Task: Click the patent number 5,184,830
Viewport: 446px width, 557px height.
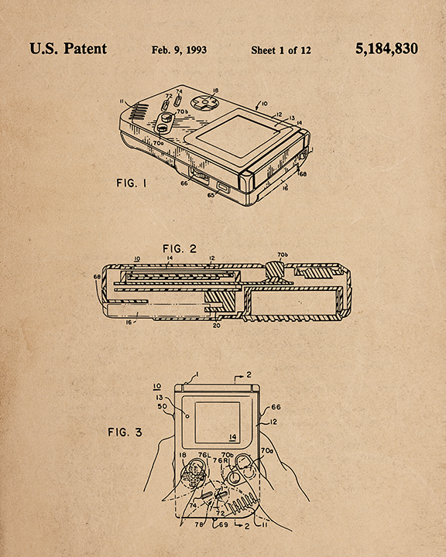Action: pyautogui.click(x=386, y=49)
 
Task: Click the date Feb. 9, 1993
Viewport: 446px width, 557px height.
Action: pyautogui.click(x=179, y=50)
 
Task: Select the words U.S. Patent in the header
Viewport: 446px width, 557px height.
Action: pyautogui.click(x=68, y=49)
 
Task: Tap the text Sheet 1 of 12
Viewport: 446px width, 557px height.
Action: pyautogui.click(x=280, y=50)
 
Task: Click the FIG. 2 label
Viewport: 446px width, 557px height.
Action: pyautogui.click(x=180, y=249)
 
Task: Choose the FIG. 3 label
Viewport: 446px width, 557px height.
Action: pyautogui.click(x=125, y=432)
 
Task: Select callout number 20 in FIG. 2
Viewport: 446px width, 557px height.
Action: pyautogui.click(x=216, y=325)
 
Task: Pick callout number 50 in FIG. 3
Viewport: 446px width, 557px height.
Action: pyautogui.click(x=163, y=406)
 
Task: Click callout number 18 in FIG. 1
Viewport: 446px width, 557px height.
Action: pyautogui.click(x=215, y=91)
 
